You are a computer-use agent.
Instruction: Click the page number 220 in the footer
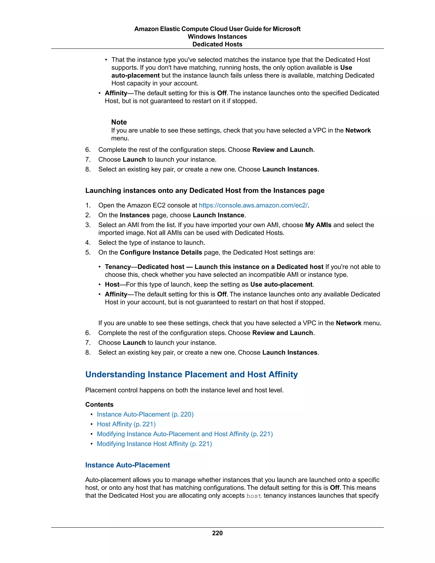tap(217, 533)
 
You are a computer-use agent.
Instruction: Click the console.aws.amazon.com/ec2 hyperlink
tap(253, 205)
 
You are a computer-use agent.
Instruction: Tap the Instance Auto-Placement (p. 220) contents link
tap(145, 414)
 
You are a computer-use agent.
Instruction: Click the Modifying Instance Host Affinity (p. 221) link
tap(154, 444)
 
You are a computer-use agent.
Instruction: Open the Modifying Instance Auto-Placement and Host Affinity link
tap(185, 434)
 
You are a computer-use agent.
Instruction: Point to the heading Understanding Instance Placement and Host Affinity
tap(191, 374)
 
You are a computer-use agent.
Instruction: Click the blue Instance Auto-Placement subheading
tap(128, 465)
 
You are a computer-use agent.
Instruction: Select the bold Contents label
tap(99, 405)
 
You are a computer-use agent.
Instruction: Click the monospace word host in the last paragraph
tap(254, 496)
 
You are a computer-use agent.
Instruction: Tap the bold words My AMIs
tap(318, 225)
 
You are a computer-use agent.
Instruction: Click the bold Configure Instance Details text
tap(161, 252)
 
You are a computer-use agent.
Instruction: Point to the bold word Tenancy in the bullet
tap(117, 267)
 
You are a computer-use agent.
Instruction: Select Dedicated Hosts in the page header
tap(217, 44)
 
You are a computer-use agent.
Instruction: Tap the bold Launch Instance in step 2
tap(219, 215)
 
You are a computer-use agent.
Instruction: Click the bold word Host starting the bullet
tap(112, 284)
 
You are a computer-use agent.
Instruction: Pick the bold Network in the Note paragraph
tap(358, 130)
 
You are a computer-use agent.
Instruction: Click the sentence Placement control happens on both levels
tap(184, 390)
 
